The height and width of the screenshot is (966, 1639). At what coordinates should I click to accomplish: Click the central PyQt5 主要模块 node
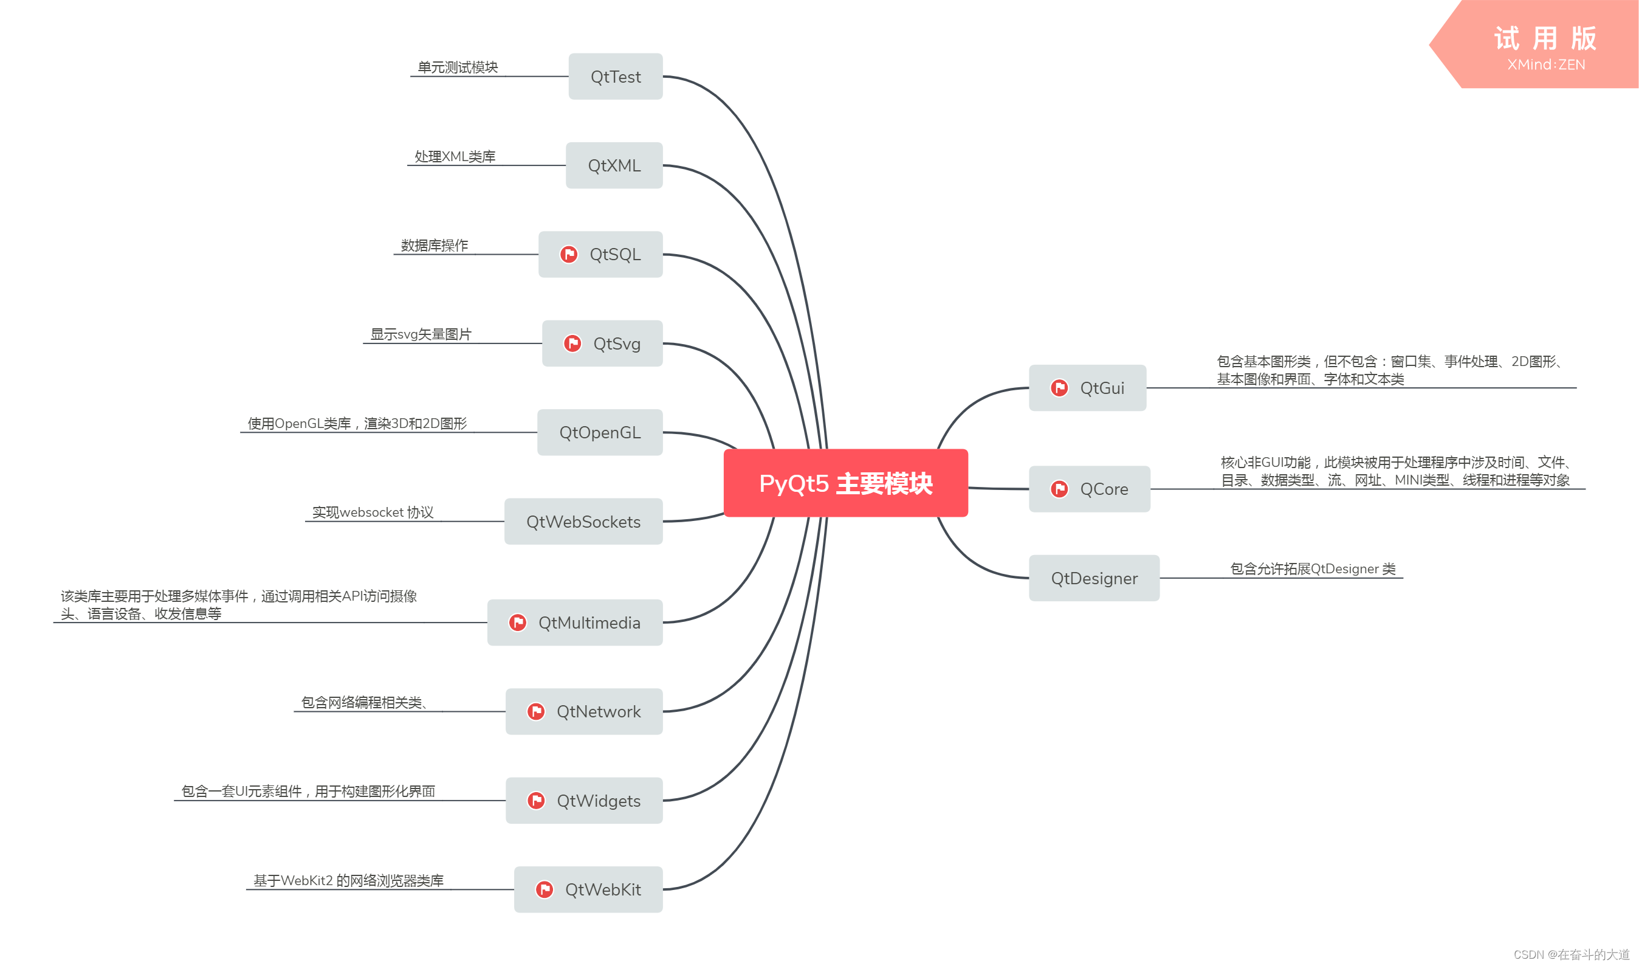[845, 483]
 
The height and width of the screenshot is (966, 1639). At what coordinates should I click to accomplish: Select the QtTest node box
[615, 77]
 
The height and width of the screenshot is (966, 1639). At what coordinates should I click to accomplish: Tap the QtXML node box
[614, 165]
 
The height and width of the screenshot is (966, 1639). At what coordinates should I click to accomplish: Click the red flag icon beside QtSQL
[569, 254]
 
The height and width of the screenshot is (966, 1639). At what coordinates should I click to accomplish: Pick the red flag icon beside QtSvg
[572, 343]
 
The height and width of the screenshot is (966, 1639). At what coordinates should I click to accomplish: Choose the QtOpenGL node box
[599, 432]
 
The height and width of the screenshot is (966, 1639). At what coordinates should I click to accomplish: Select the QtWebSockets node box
[583, 522]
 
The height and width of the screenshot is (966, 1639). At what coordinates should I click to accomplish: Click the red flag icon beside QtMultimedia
[518, 623]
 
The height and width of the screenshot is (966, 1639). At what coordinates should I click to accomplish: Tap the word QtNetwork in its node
[599, 711]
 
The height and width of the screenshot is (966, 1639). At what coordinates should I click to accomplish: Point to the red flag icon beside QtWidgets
[536, 800]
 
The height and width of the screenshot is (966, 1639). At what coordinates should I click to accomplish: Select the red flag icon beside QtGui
[1059, 388]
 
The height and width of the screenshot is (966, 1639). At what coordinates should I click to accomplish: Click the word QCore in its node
[1104, 489]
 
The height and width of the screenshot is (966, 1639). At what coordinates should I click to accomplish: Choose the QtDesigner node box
[1094, 578]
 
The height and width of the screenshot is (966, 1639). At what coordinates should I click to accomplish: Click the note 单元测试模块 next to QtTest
[458, 67]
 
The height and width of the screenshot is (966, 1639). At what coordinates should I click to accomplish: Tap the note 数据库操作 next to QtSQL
[434, 246]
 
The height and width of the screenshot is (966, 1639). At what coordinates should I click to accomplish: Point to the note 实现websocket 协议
[373, 512]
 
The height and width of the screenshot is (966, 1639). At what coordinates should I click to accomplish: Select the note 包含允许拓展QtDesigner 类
[1313, 569]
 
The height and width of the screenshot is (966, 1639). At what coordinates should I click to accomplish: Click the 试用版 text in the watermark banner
[1545, 38]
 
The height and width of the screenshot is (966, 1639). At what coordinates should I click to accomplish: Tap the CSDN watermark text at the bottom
[1571, 954]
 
